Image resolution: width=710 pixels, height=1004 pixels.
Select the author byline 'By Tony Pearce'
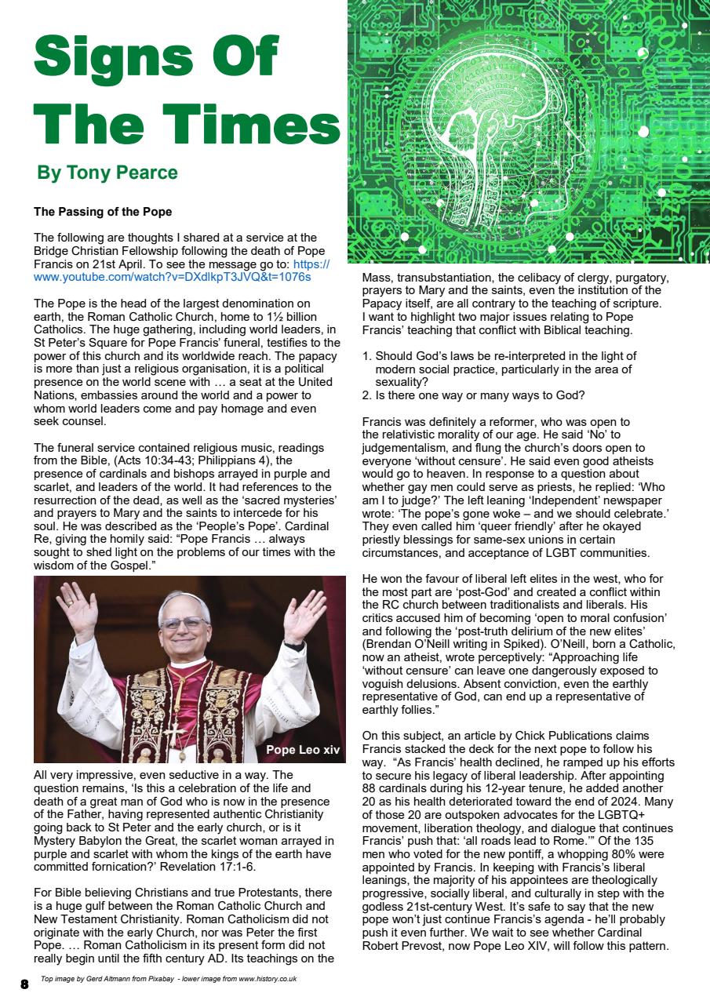click(107, 173)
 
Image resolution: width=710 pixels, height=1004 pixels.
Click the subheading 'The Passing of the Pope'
click(103, 213)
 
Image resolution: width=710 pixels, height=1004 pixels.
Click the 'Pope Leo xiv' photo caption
click(303, 750)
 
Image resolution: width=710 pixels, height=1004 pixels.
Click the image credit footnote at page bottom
click(168, 979)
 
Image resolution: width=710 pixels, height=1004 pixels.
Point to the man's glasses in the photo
click(183, 624)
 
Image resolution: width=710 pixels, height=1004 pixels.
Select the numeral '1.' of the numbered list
click(366, 356)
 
